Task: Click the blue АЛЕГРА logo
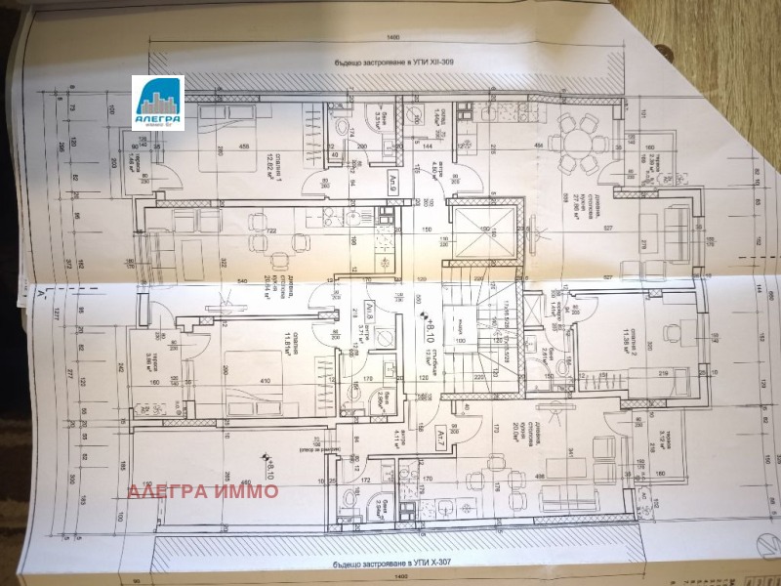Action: pos(158,103)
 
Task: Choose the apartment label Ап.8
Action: pos(372,313)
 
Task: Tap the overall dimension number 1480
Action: pos(393,36)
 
